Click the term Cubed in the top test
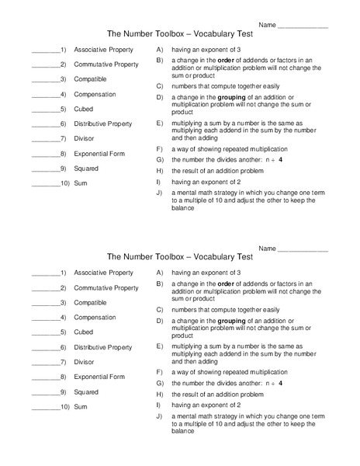pos(83,110)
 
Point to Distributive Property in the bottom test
pos(102,347)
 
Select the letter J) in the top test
pos(159,192)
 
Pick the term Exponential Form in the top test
pos(99,153)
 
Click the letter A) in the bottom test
pos(159,273)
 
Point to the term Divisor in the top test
pos(85,138)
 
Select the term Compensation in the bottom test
pos(95,317)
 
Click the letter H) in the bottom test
pos(159,394)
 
